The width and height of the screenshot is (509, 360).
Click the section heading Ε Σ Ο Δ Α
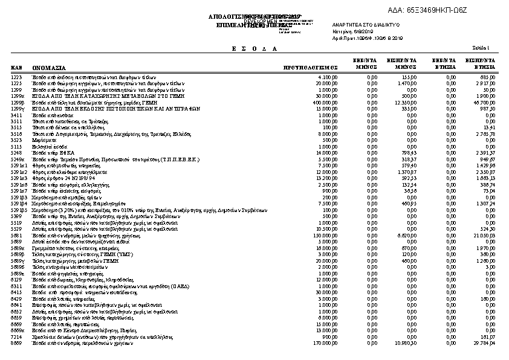(x=254, y=48)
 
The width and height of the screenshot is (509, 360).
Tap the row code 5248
(x=16, y=153)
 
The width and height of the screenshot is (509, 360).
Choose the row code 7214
(x=16, y=338)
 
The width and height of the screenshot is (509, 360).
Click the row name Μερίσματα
(x=42, y=140)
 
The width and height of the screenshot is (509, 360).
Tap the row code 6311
(x=16, y=285)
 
